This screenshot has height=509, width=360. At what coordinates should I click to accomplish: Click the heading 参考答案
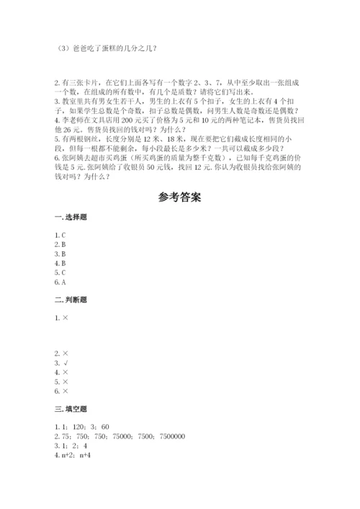tap(179, 197)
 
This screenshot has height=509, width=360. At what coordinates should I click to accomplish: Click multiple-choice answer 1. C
tap(60, 235)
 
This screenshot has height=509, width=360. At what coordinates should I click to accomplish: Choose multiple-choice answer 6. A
tap(60, 281)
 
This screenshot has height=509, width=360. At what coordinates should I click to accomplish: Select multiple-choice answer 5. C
tap(60, 272)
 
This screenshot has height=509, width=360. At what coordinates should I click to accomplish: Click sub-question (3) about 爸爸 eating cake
tap(105, 49)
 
